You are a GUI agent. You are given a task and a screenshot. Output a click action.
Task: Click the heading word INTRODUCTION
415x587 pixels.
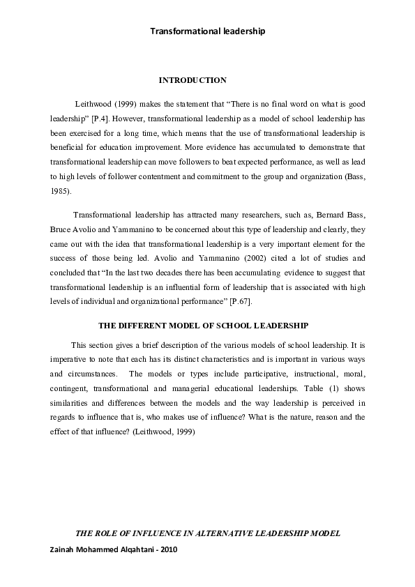[193, 81]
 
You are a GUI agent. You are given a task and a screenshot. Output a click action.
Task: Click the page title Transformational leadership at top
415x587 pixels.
[208, 31]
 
